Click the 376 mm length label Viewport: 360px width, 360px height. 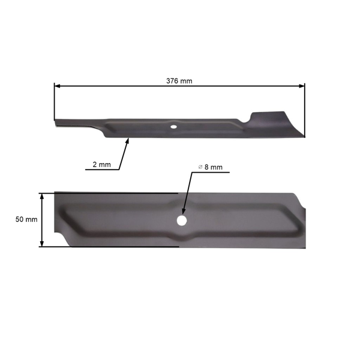(x=179, y=80)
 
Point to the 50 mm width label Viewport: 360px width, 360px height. (x=26, y=220)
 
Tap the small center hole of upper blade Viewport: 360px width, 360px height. (x=173, y=127)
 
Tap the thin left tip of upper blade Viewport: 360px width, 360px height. (x=58, y=122)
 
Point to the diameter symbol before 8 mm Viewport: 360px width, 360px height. (x=200, y=167)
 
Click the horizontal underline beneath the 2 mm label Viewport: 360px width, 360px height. (x=102, y=170)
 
